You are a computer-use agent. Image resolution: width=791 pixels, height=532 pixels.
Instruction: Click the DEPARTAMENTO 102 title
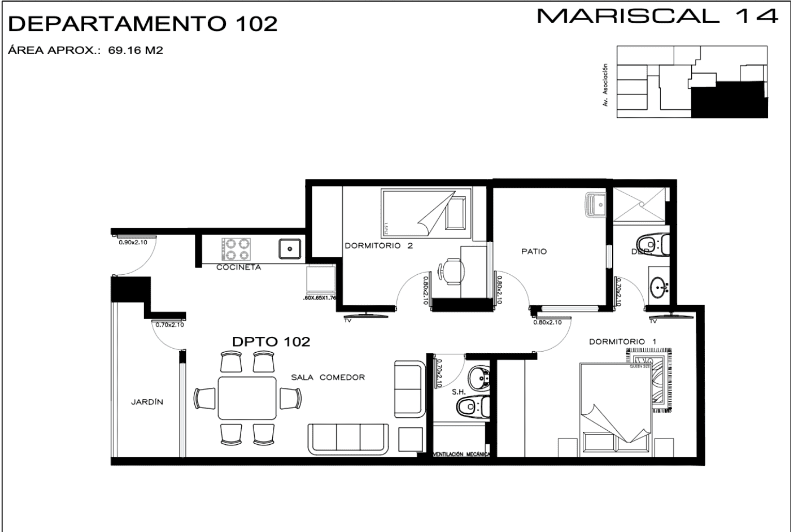tap(144, 24)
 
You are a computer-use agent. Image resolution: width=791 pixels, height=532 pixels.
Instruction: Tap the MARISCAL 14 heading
tap(657, 16)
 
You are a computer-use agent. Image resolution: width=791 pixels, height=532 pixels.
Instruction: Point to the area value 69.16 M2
tap(135, 51)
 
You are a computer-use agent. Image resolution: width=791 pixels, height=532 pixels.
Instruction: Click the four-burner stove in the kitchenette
tap(236, 249)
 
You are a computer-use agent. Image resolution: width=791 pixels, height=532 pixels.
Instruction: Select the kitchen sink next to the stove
tap(290, 248)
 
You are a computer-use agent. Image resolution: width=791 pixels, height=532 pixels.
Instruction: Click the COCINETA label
tap(238, 268)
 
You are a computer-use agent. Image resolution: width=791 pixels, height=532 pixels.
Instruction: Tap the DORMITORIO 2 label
tap(379, 246)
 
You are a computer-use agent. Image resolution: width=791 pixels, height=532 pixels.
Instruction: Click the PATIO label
tap(534, 252)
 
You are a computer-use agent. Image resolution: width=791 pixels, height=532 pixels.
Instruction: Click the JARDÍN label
tap(147, 402)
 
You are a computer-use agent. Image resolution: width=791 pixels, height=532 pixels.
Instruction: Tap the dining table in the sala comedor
tap(247, 398)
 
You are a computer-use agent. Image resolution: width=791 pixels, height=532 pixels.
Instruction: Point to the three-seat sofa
tap(348, 439)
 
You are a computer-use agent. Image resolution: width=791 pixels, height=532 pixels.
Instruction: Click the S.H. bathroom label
tap(458, 392)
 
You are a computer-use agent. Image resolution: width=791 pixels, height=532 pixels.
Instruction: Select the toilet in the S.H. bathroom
tap(473, 407)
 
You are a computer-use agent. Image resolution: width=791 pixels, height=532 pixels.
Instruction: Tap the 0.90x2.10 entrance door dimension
tap(133, 242)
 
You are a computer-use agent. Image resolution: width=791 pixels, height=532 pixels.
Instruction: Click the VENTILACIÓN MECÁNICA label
tap(461, 455)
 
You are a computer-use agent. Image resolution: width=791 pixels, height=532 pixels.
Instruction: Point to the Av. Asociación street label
tap(605, 85)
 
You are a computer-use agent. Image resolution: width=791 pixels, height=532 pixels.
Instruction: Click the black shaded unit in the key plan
tap(728, 101)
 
